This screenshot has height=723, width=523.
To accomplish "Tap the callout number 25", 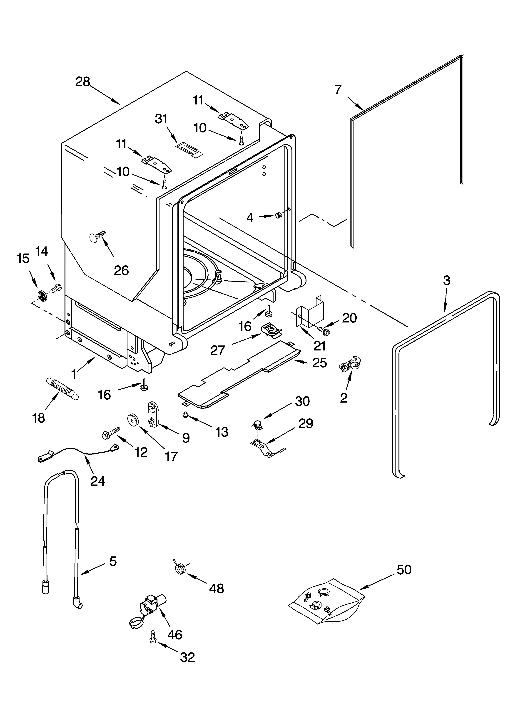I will pyautogui.click(x=319, y=363).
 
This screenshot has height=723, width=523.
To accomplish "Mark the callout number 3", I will pyautogui.click(x=447, y=281).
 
